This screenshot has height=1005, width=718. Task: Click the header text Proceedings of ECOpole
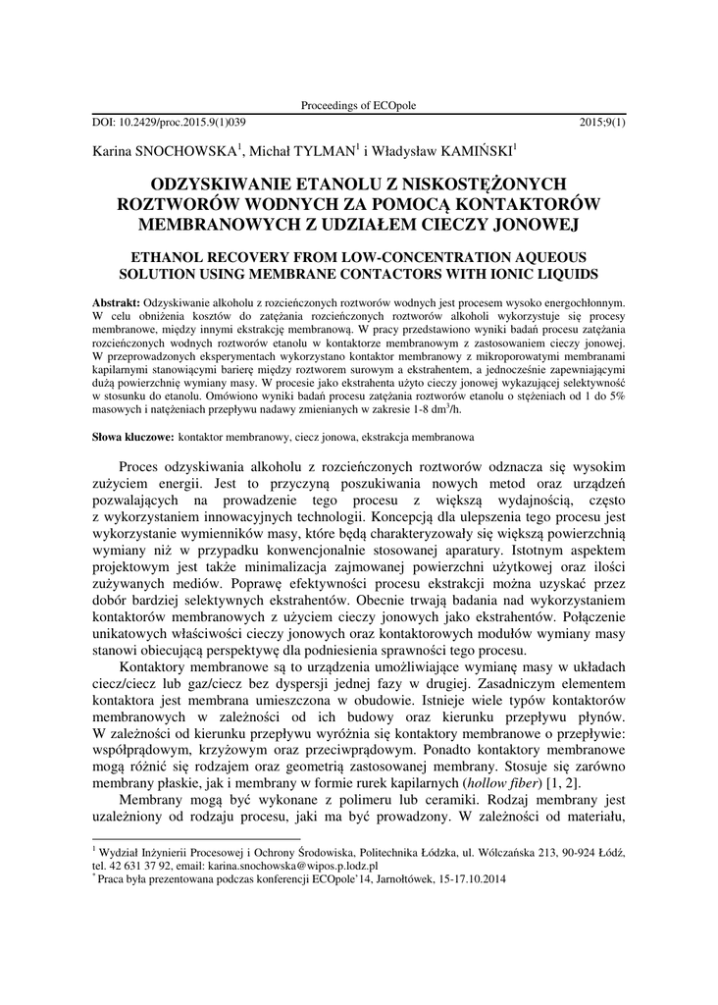(359, 105)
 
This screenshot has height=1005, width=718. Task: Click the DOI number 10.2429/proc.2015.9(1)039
(178, 123)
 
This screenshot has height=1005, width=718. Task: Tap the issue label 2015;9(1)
(602, 123)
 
